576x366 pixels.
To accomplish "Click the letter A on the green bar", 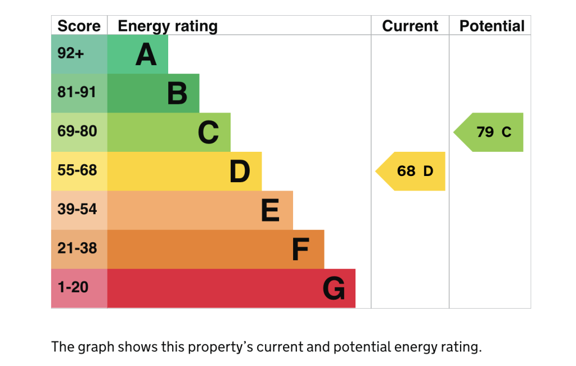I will [146, 55].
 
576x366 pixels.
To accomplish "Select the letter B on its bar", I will [177, 94].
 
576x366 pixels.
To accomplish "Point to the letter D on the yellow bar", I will [240, 172].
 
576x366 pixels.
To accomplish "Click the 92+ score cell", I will [71, 53].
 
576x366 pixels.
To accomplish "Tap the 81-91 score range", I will [77, 92].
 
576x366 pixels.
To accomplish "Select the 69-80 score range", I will [77, 132].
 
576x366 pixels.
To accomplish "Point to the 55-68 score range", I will [77, 170].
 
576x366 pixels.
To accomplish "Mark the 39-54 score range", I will [77, 209].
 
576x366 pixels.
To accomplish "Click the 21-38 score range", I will [77, 248].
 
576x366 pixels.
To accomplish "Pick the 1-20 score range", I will [73, 287].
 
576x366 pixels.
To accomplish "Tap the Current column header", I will [410, 26].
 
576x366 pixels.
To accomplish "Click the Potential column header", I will [492, 26].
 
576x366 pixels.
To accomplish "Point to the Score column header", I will [79, 26].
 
